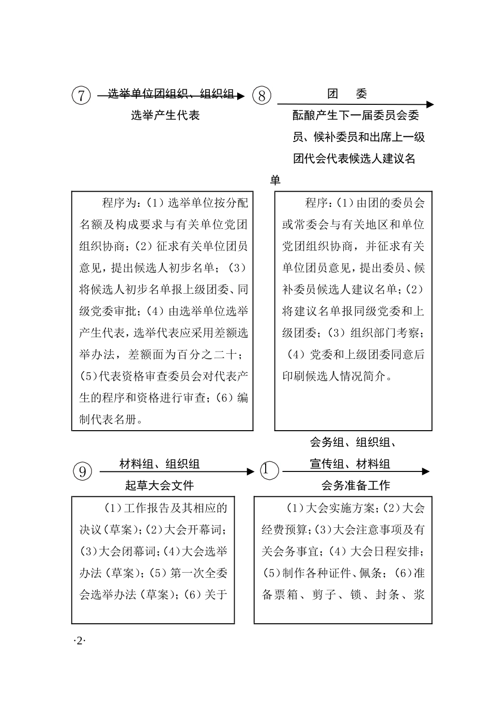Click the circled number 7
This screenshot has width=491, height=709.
point(81,96)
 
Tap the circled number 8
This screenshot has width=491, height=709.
point(262,96)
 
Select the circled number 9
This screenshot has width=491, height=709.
point(82,471)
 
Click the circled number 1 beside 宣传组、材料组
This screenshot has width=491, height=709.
point(269,470)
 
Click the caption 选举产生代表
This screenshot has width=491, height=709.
point(165,115)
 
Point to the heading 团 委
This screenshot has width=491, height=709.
point(347,93)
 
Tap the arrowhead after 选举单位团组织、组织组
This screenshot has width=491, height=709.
point(240,96)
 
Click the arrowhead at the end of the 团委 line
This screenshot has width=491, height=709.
point(430,104)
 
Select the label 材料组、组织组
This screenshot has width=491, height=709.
point(159,464)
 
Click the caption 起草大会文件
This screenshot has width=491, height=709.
point(159,485)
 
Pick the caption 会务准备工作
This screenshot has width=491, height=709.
point(356,485)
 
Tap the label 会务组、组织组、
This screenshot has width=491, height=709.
point(353,442)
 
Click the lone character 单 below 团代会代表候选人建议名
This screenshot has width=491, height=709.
point(275,180)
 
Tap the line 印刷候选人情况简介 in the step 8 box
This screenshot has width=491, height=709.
point(336,376)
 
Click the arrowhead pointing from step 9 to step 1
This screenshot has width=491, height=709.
point(251,471)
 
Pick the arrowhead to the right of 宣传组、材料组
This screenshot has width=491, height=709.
point(425,471)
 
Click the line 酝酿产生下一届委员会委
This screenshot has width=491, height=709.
point(356,115)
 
